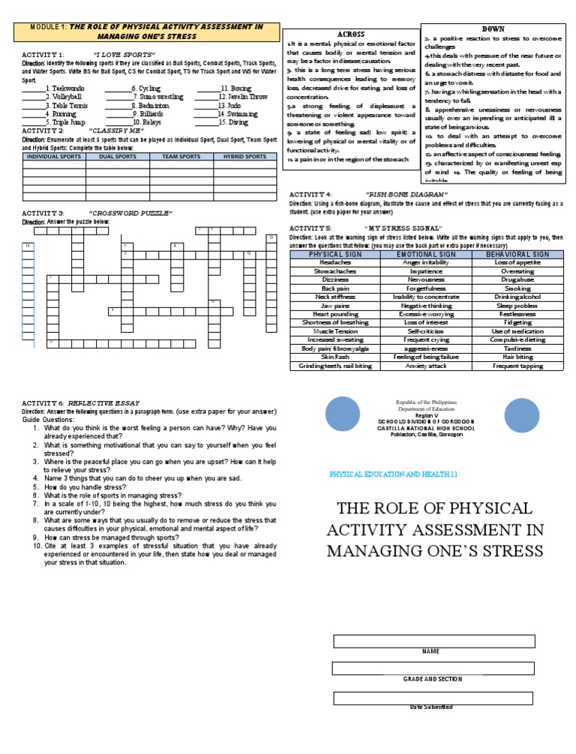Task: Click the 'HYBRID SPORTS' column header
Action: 244,157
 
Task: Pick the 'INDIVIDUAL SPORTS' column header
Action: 54,157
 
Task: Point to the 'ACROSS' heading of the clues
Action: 351,34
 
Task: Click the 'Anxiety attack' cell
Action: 425,366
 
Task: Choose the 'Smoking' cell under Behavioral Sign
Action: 517,288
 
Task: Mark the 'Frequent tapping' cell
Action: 517,366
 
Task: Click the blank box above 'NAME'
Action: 433,641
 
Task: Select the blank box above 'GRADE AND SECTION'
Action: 433,669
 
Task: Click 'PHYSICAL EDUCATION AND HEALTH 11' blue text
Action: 394,475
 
